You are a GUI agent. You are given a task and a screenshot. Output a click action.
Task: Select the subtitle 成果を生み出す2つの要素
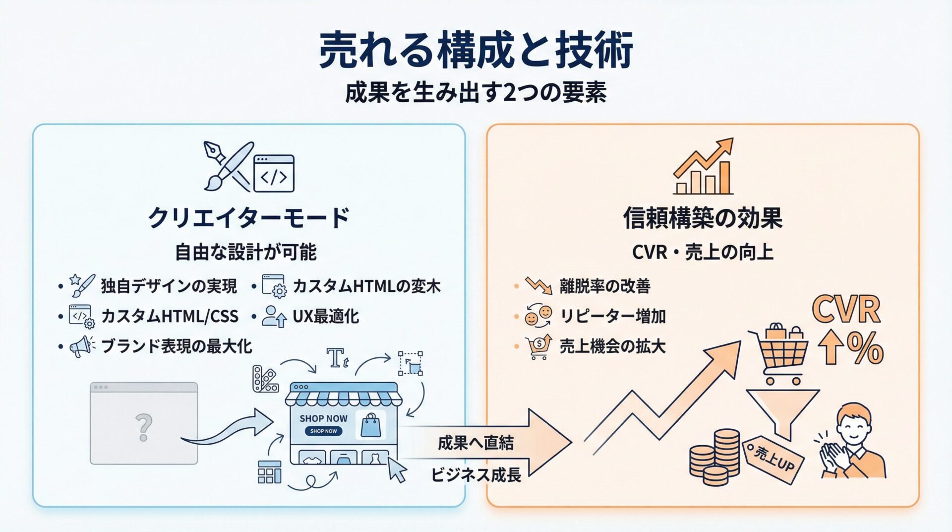click(476, 93)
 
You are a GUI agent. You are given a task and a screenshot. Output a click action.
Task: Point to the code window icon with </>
click(274, 174)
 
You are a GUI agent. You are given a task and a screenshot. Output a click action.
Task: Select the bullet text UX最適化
click(326, 316)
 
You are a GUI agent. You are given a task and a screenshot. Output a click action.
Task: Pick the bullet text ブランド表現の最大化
click(177, 346)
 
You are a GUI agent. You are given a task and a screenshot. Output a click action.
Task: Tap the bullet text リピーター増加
click(612, 316)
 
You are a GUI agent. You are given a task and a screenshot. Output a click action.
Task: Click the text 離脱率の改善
click(604, 286)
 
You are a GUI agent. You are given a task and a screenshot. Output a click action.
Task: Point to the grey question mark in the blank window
click(144, 428)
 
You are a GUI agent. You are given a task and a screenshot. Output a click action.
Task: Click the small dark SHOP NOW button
click(323, 431)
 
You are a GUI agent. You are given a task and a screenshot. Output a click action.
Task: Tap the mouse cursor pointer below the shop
click(397, 469)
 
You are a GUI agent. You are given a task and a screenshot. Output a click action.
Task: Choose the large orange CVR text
click(846, 310)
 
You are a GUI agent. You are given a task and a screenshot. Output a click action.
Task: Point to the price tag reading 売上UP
click(773, 460)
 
